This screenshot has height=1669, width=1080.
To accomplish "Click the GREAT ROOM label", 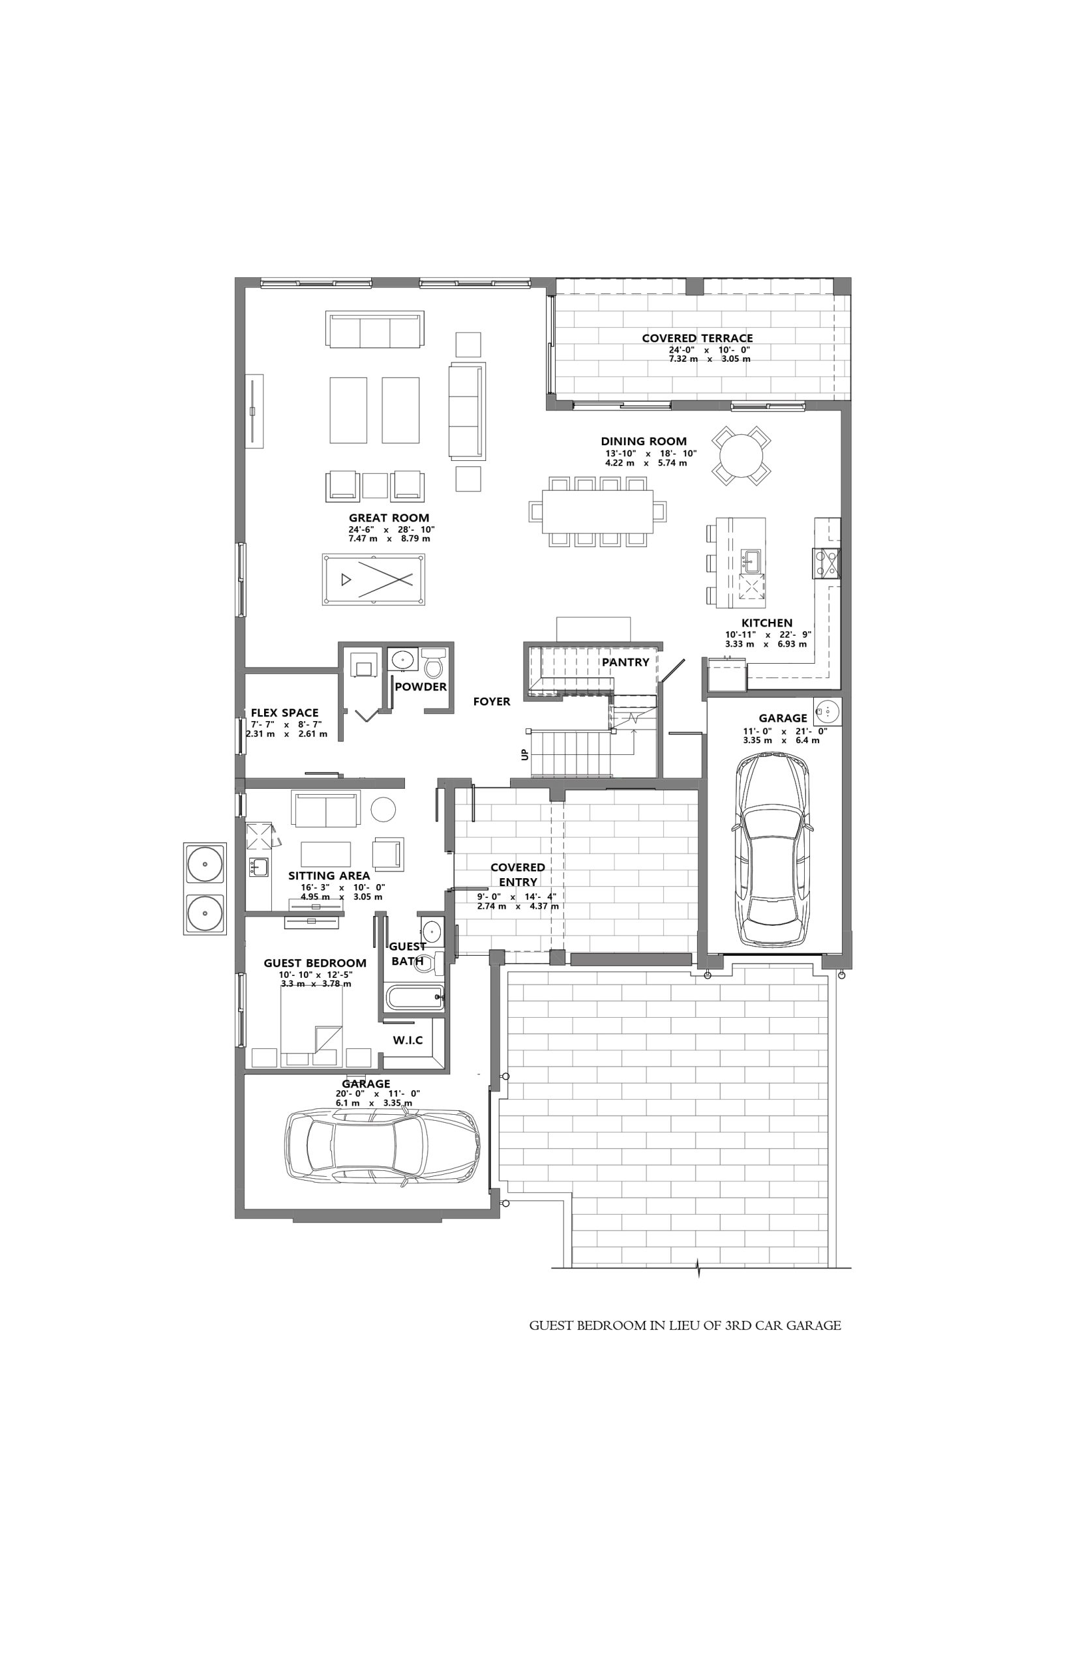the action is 389,518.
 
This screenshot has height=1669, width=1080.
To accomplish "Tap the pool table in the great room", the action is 374,580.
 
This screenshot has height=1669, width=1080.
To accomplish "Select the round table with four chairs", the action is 742,456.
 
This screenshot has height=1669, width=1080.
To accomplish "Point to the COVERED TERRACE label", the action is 697,338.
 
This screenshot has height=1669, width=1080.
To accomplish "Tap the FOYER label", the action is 492,702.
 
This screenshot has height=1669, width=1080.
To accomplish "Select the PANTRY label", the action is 625,662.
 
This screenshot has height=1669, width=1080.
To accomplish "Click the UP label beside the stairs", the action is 524,755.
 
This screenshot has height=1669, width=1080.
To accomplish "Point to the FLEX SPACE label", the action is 285,713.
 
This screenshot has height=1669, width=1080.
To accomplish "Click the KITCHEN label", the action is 767,623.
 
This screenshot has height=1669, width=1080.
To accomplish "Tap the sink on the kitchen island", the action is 753,559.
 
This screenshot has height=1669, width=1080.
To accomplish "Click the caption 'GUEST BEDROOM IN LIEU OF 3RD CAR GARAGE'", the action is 685,1325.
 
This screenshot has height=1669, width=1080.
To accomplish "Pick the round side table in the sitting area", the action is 383,810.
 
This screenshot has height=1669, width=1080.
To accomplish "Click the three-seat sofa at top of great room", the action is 375,329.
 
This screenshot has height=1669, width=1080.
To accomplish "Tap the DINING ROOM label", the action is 644,441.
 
